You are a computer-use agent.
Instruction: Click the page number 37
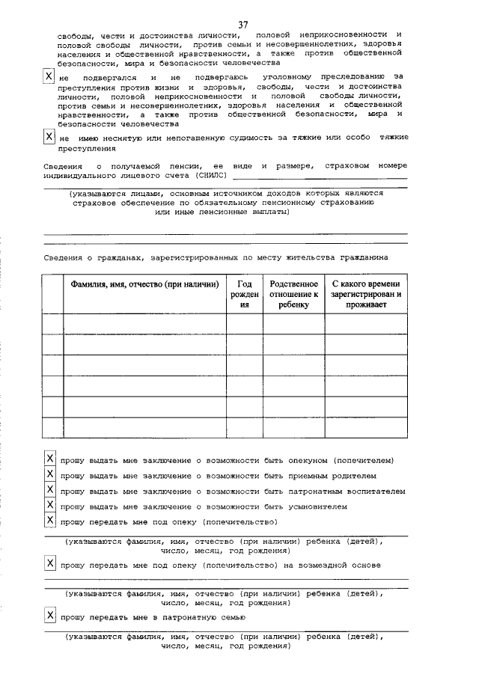[243, 25]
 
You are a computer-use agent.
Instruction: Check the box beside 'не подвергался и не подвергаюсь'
[49, 77]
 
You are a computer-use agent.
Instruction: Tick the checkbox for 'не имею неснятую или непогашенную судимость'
[49, 137]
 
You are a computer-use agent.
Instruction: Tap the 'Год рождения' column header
[244, 294]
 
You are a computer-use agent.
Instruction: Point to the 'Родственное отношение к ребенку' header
[293, 294]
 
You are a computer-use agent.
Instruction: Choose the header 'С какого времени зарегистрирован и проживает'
[366, 294]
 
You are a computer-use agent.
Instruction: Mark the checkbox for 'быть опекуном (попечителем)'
[49, 459]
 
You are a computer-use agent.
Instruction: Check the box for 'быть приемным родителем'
[49, 474]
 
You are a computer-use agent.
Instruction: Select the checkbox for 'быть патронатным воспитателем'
[49, 490]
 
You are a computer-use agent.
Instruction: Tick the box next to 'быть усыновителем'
[49, 506]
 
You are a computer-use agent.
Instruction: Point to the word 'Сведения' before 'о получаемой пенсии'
[60, 165]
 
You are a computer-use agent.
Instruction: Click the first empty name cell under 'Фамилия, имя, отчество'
[144, 323]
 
